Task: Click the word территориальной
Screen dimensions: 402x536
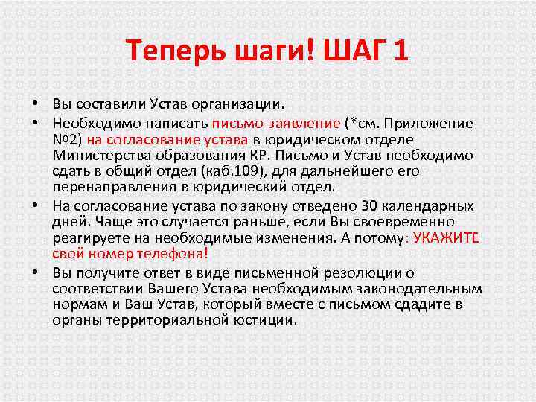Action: coord(164,321)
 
